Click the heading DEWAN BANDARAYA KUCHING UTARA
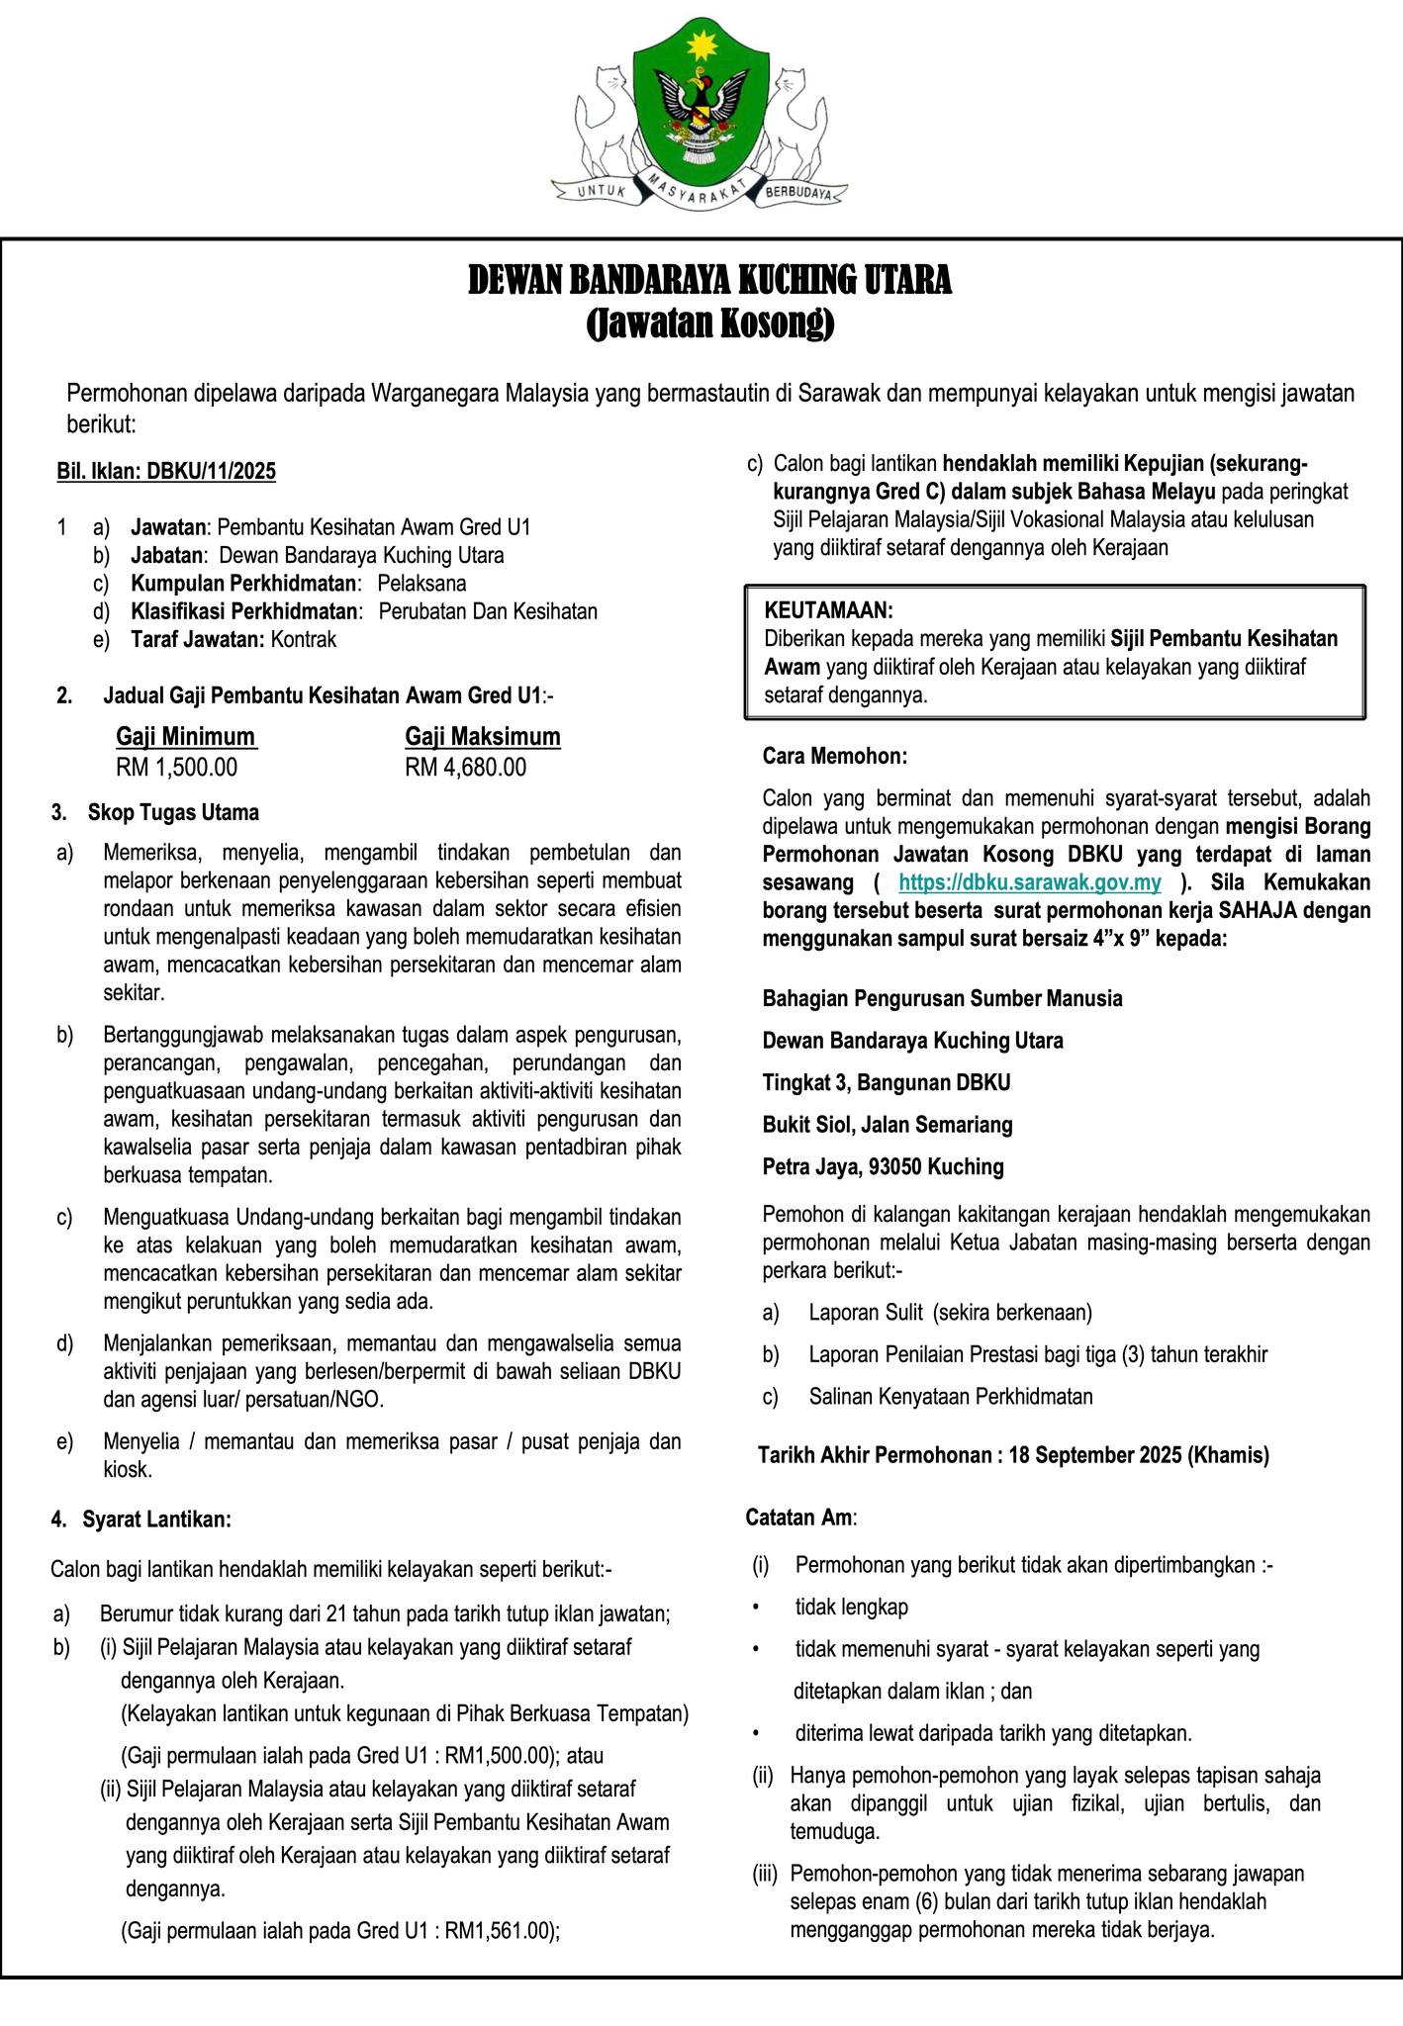click(708, 281)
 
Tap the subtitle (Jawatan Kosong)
click(708, 323)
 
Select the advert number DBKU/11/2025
click(212, 471)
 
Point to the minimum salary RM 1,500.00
click(177, 768)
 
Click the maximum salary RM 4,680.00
click(466, 768)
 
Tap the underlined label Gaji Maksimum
click(483, 737)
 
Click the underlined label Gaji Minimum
click(186, 737)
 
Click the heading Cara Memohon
click(834, 757)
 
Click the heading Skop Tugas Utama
click(173, 813)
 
